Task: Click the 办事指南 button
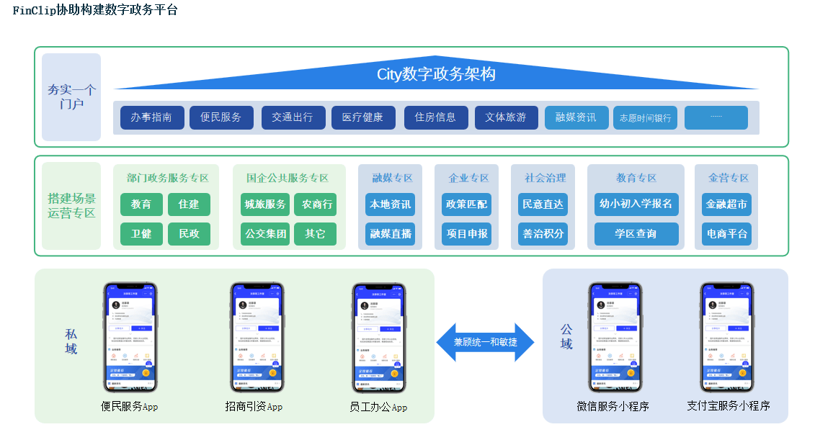(152, 117)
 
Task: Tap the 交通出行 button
(293, 117)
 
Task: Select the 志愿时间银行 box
(645, 118)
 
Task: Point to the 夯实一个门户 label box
(71, 97)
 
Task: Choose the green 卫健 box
(141, 234)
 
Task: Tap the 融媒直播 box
(390, 234)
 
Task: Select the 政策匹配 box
(466, 204)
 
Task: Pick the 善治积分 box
(543, 234)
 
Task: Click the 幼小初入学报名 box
(636, 204)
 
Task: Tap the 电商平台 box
(726, 234)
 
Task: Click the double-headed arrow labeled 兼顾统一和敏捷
(485, 342)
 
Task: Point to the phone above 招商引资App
(257, 337)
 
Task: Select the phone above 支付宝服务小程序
(727, 337)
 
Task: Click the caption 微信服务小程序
(613, 406)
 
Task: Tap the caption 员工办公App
(378, 407)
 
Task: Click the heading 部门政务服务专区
(167, 178)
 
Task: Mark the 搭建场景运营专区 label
(71, 206)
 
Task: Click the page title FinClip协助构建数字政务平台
(95, 10)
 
